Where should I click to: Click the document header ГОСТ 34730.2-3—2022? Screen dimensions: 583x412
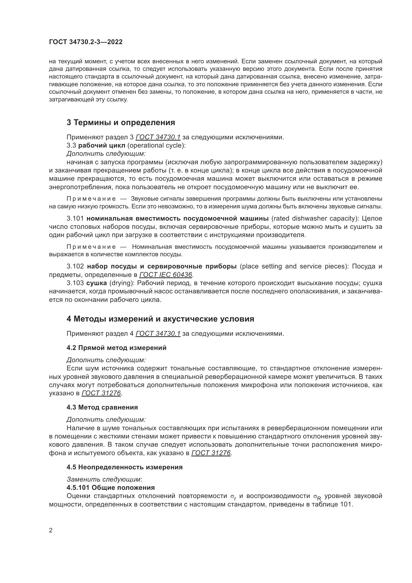85,42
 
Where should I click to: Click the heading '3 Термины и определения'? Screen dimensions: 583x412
121,123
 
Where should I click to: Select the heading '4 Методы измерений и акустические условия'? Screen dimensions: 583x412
160,319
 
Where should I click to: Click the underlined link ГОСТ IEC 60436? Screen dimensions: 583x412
166,275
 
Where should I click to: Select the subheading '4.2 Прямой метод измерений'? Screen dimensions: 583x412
116,348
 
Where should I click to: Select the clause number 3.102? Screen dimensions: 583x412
75,266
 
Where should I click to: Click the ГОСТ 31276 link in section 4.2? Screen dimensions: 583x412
101,393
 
